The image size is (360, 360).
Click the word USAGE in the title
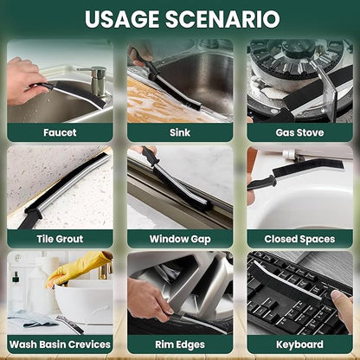click(123, 19)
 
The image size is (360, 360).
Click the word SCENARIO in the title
click(222, 19)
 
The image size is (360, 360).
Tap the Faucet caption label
click(60, 132)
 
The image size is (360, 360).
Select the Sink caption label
click(180, 132)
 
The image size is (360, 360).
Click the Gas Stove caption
click(299, 132)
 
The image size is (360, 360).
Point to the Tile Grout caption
click(60, 239)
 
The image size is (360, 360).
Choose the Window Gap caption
click(180, 239)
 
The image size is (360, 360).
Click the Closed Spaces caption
click(299, 239)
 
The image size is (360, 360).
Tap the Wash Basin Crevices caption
click(60, 344)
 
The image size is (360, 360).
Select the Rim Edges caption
click(180, 344)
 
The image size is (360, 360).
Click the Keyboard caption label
click(299, 344)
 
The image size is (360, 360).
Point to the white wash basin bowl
click(84, 301)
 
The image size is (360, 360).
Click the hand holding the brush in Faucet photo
click(25, 81)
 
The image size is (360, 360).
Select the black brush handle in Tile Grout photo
click(29, 218)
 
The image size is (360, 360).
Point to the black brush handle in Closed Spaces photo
click(260, 183)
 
